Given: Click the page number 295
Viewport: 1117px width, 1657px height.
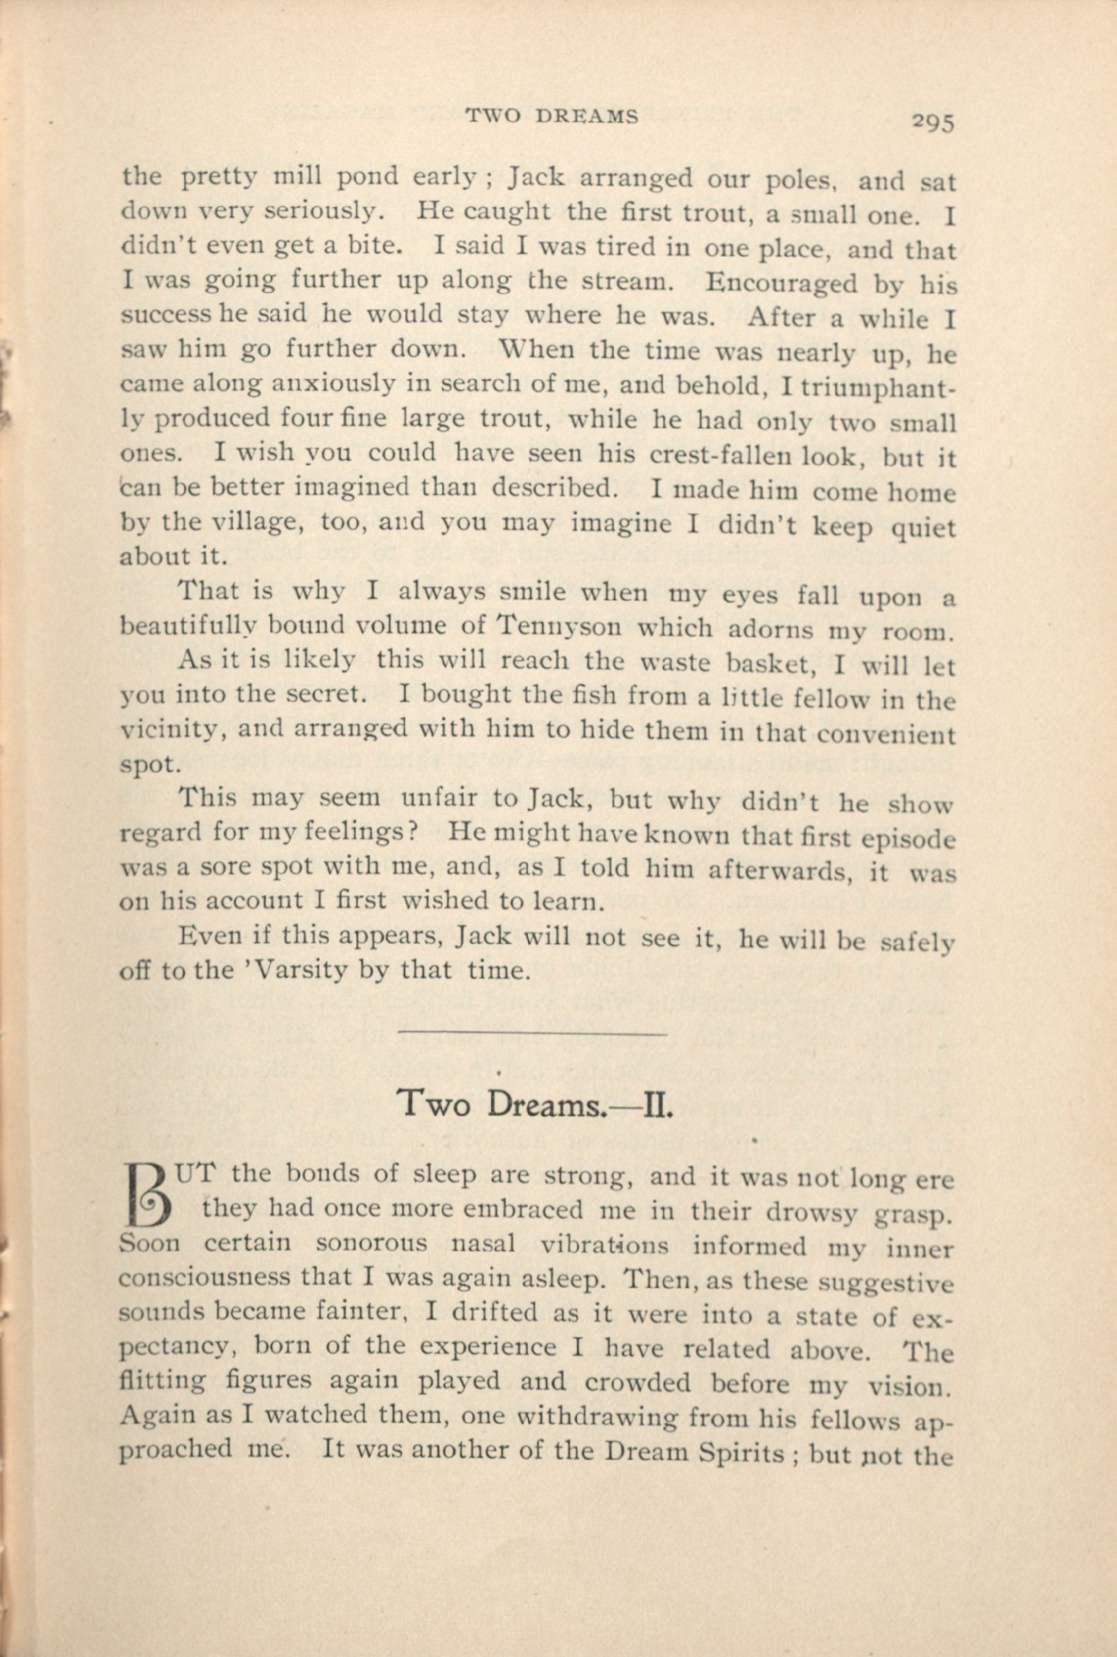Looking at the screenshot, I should [932, 123].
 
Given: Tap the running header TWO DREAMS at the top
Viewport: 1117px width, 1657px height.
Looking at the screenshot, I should [552, 116].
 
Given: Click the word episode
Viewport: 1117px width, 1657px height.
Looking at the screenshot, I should [908, 838].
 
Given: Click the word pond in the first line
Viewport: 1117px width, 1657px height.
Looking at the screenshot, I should [361, 176].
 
